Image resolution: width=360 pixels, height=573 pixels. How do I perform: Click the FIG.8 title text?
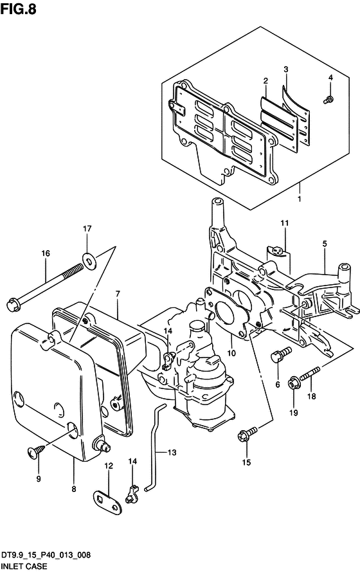(19, 9)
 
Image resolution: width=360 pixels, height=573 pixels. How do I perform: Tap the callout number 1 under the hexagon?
(300, 199)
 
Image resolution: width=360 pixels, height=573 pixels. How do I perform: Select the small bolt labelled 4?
(328, 99)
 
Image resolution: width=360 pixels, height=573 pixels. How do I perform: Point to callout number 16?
(46, 253)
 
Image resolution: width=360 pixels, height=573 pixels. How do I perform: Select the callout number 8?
(74, 489)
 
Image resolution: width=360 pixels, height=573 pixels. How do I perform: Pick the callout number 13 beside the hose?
(172, 452)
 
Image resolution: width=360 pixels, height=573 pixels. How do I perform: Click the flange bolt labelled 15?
(248, 435)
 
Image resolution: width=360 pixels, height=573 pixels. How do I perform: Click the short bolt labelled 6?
(281, 354)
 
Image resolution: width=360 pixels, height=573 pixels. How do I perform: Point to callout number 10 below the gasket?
(231, 353)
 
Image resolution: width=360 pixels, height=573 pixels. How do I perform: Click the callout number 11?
(285, 223)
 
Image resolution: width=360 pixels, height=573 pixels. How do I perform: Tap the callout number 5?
(325, 244)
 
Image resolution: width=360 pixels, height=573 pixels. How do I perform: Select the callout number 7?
(118, 293)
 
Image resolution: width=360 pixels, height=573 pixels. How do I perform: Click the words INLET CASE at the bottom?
(24, 566)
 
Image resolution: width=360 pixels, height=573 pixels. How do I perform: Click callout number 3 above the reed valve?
(286, 69)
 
